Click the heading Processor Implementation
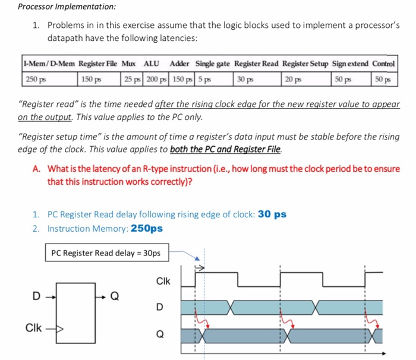click(58, 7)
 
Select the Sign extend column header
click(350, 64)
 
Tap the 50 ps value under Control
click(382, 79)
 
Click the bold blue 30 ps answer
click(273, 214)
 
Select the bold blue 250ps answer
click(146, 228)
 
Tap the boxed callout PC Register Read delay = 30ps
click(106, 253)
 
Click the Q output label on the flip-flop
click(115, 293)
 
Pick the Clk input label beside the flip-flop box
click(33, 327)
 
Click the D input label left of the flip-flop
click(36, 293)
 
